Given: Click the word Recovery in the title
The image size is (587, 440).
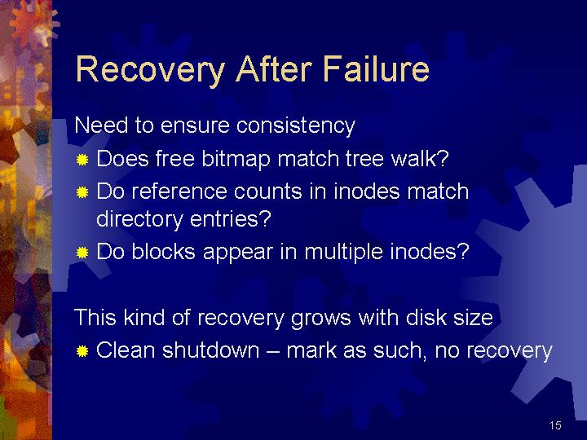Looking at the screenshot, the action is click(x=151, y=69).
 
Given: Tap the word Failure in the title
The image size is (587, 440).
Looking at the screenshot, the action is click(x=376, y=68).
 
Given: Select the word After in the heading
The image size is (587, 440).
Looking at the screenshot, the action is click(x=274, y=68).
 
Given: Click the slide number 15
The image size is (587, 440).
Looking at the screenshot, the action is click(x=555, y=425).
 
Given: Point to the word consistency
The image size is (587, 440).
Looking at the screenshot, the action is click(x=296, y=125).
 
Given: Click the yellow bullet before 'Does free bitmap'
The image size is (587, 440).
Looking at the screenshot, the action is click(x=82, y=161).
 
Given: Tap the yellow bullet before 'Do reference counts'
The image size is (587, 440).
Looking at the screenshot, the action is click(x=82, y=192).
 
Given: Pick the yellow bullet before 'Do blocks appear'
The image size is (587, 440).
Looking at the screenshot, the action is click(x=82, y=253).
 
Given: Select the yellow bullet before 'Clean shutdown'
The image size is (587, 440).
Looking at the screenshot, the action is click(x=82, y=352).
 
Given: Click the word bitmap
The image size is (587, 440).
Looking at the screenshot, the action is click(x=236, y=160).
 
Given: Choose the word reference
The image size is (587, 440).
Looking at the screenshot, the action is click(x=179, y=191).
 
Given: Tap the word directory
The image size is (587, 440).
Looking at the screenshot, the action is click(x=139, y=219).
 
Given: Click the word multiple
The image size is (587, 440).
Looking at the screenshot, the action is click(x=344, y=252).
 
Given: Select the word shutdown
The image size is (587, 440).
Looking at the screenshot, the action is click(x=211, y=350).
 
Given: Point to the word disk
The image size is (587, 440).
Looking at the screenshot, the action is click(x=426, y=317).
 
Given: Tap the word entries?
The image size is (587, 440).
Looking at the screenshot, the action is click(x=230, y=219).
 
